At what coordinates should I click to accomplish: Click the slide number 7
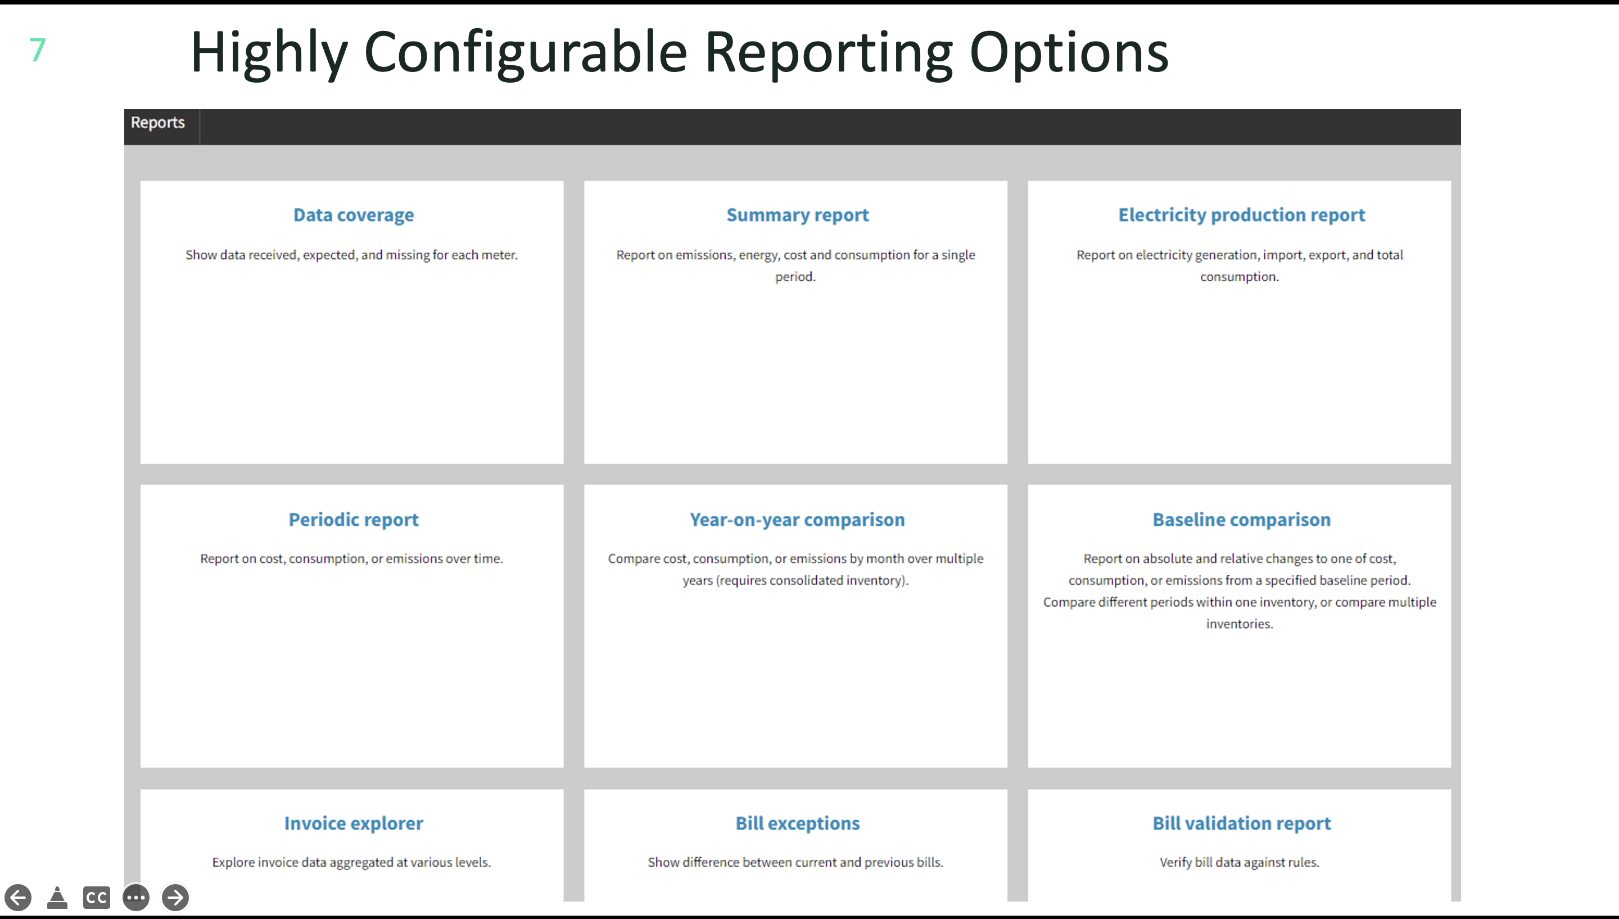coord(38,50)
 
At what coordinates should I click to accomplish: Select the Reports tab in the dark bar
coord(157,123)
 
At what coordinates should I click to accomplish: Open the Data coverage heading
coord(354,215)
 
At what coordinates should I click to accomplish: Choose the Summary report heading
coord(797,215)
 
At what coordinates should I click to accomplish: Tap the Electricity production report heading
coord(1241,215)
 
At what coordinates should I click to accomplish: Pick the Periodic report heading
coord(354,520)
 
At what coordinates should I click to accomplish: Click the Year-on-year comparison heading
coord(797,520)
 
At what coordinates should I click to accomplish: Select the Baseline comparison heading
coord(1241,520)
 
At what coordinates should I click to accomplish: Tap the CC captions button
coord(97,898)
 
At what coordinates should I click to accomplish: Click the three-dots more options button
coord(136,897)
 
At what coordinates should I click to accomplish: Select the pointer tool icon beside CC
coord(57,897)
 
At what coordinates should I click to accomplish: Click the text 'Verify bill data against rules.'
coord(1240,862)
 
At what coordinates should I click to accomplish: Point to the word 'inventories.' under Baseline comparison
coord(1240,624)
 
